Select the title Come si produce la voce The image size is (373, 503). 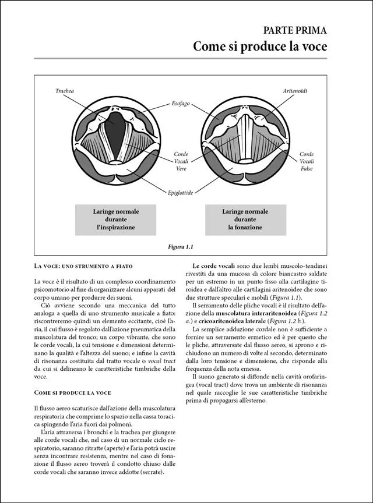click(x=260, y=47)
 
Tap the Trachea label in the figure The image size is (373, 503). click(x=64, y=91)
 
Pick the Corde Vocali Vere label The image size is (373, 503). click(x=181, y=161)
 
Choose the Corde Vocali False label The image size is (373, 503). click(x=307, y=161)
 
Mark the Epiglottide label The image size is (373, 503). click(x=180, y=192)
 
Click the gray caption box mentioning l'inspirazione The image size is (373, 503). click(x=114, y=219)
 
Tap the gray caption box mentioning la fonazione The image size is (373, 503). click(x=245, y=219)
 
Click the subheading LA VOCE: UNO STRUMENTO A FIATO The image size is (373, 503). click(x=83, y=266)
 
